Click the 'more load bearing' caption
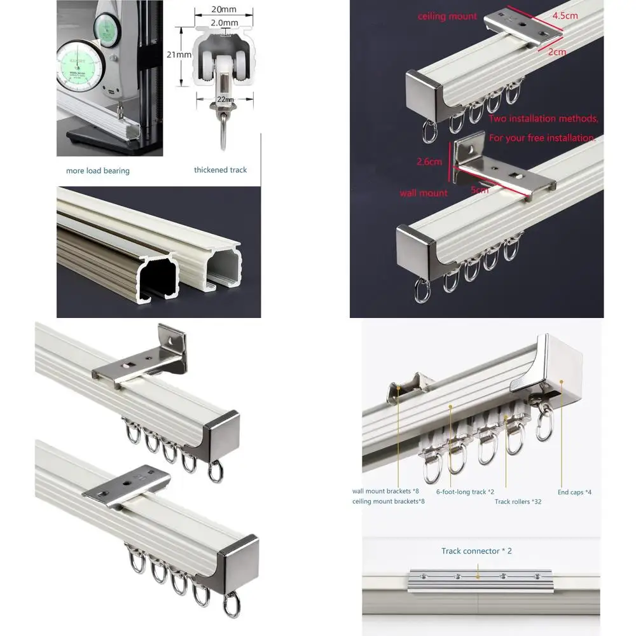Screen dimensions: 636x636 (98, 170)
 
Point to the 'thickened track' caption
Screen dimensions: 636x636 (220, 170)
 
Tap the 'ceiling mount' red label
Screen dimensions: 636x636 (447, 17)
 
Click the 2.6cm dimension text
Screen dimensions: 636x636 (429, 162)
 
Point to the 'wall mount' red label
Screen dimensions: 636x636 (424, 193)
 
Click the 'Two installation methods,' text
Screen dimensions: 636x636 (543, 118)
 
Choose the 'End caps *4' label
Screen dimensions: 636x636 (575, 492)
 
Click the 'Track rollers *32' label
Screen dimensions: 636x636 (518, 502)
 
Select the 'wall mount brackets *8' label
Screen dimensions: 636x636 (385, 491)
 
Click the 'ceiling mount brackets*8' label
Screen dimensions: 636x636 (389, 502)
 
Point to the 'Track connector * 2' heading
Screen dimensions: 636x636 (476, 551)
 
